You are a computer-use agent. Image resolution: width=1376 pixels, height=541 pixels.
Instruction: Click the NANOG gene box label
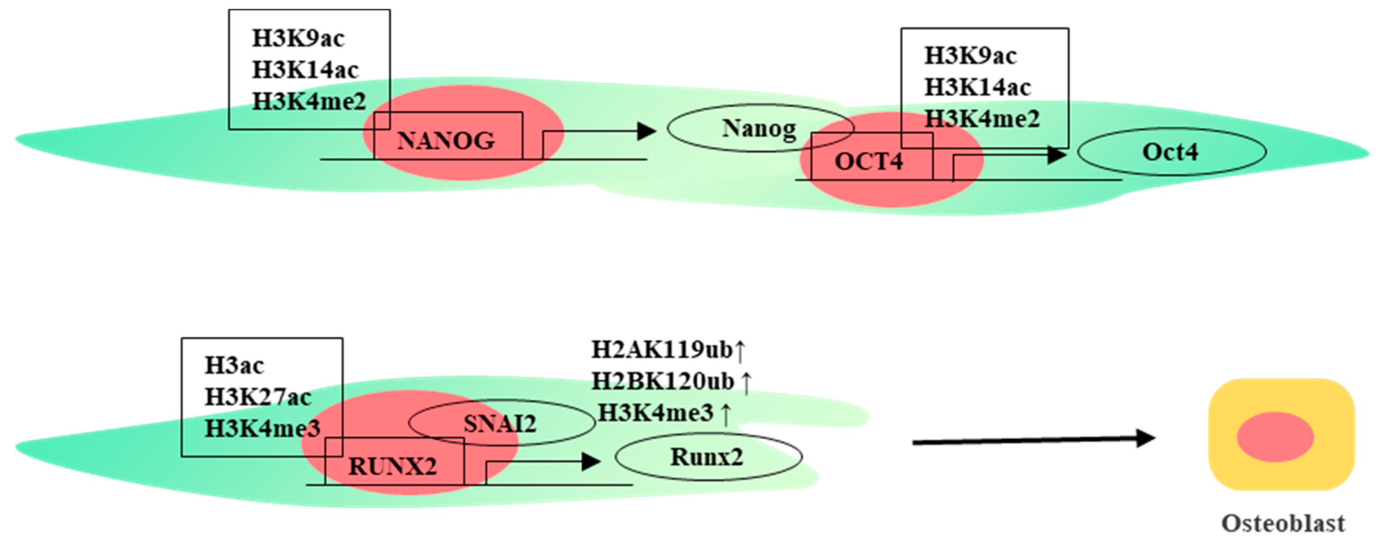(x=446, y=141)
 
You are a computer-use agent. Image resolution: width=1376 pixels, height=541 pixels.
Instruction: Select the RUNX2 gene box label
(x=393, y=466)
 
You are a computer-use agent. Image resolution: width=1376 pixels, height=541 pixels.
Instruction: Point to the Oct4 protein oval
(x=1171, y=152)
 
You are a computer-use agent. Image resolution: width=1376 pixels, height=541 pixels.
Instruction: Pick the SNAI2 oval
(x=501, y=423)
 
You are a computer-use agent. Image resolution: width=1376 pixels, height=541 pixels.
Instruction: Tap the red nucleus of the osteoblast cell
(x=1275, y=437)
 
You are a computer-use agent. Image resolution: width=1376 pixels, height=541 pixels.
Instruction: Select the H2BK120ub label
(x=663, y=381)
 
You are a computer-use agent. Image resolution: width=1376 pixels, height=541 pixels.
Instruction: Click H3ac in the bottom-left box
(x=234, y=366)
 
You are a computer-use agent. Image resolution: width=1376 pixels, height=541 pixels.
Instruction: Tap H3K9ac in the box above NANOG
(x=298, y=38)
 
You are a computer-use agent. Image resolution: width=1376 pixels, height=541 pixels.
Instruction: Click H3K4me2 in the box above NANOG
(x=309, y=101)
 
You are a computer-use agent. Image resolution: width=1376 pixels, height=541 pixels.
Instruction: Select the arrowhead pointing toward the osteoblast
(x=1145, y=438)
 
